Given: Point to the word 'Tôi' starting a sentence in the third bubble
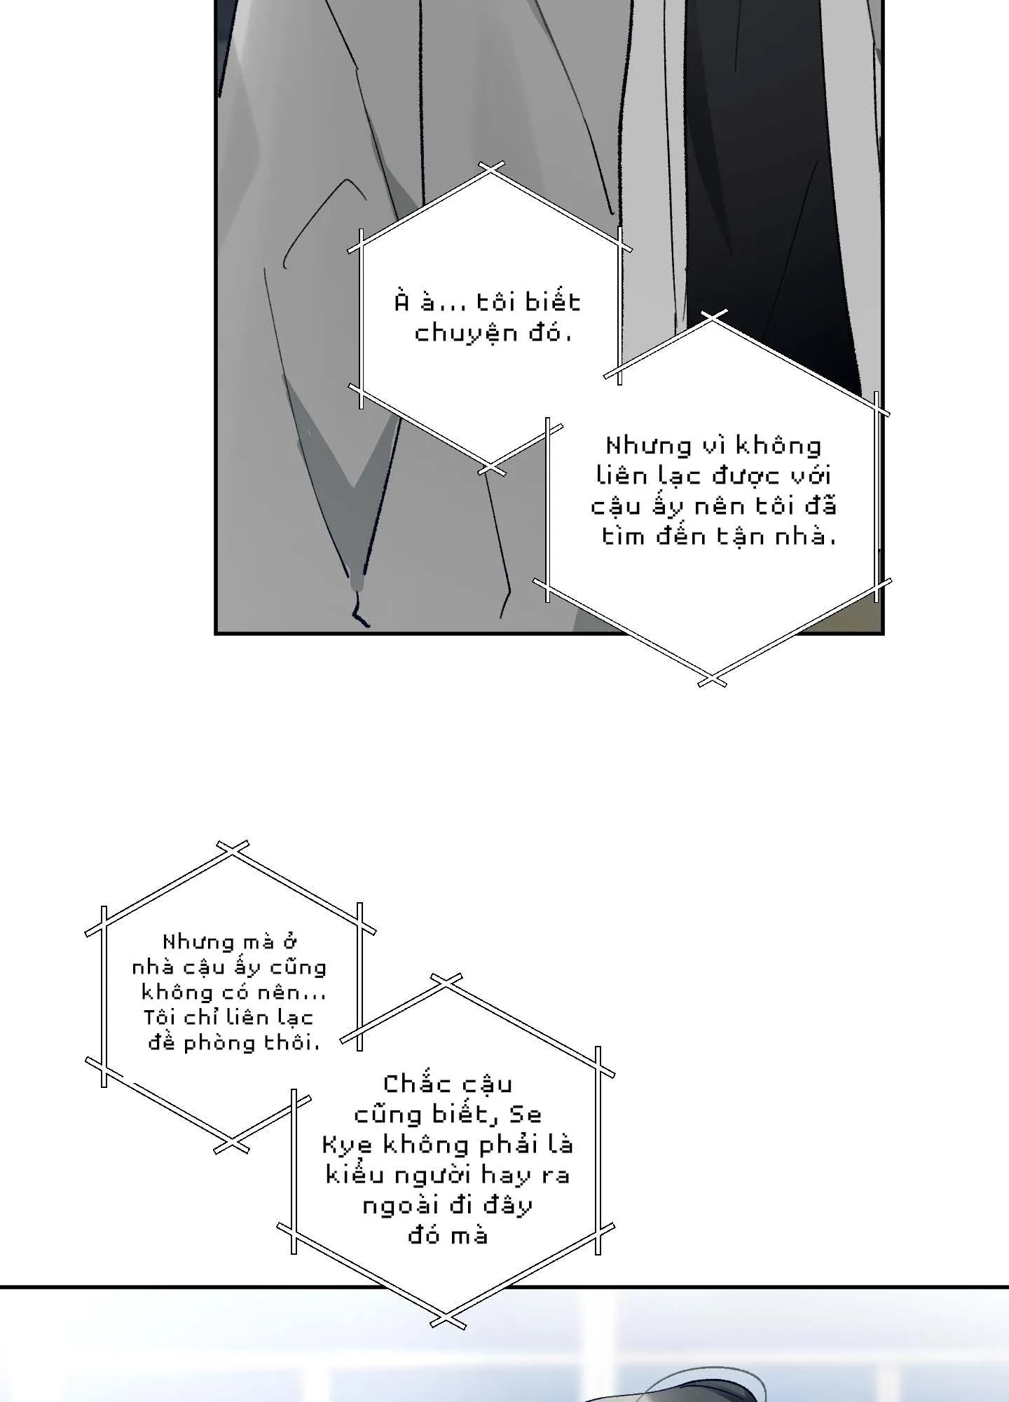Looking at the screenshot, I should (159, 1018).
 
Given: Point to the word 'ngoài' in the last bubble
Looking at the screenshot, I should (398, 1206).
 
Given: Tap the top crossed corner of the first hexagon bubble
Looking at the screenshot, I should (492, 169).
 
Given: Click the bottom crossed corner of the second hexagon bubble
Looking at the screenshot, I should (712, 679).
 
